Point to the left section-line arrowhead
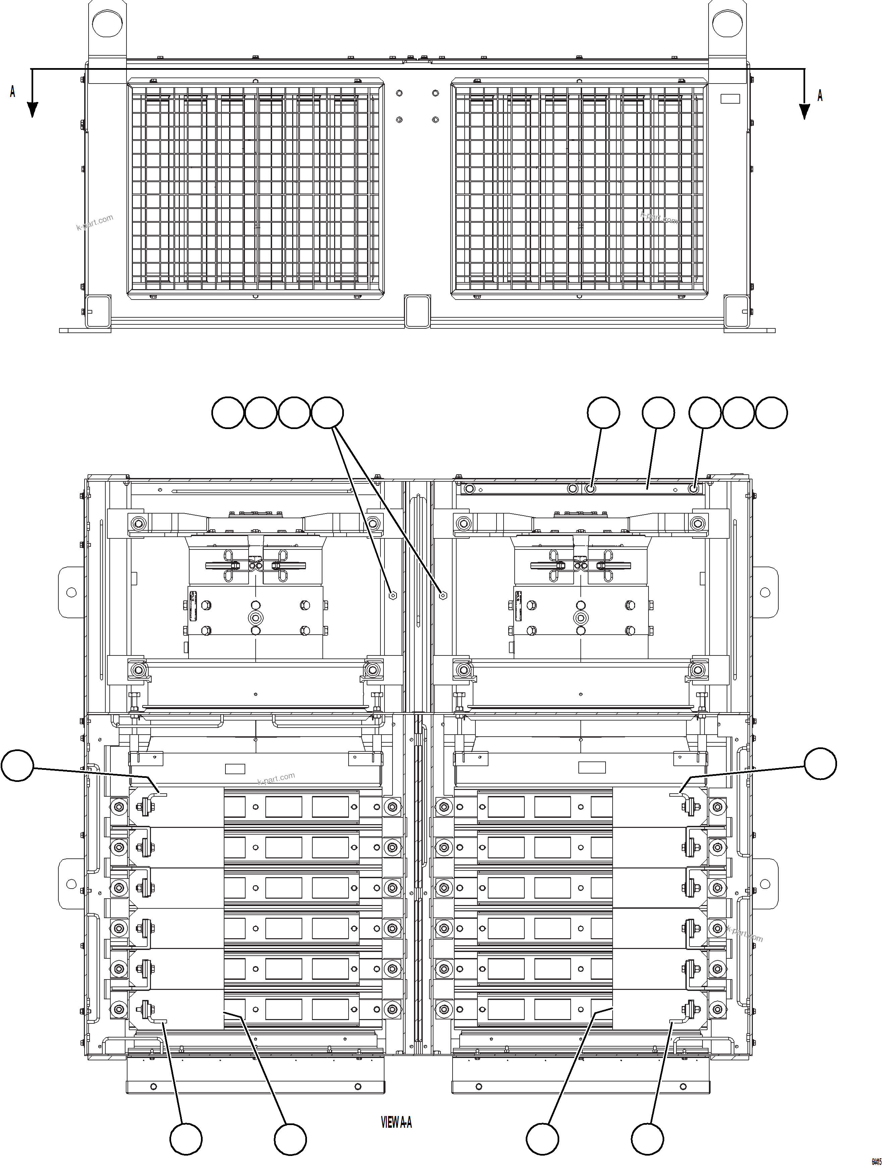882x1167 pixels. point(32,109)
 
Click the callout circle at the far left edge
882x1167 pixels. point(17,766)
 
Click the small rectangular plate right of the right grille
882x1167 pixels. point(731,99)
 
